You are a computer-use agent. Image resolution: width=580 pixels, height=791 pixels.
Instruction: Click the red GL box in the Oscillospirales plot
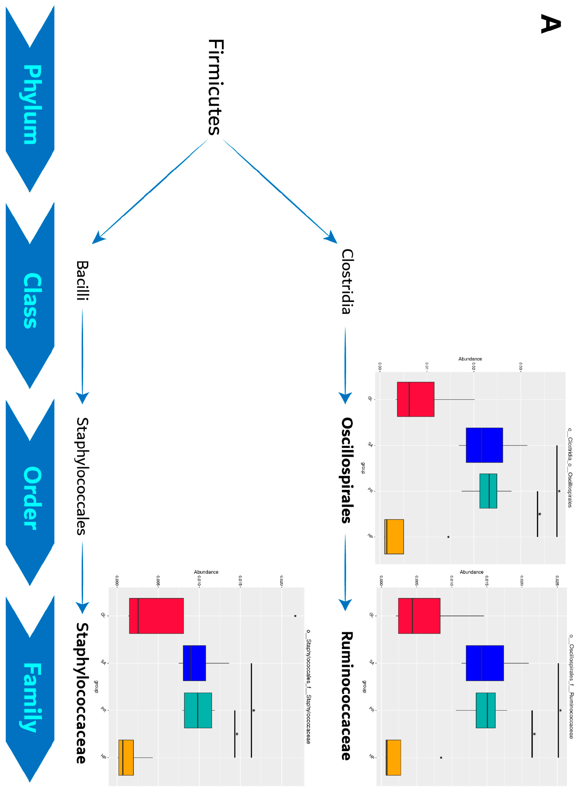tap(415, 399)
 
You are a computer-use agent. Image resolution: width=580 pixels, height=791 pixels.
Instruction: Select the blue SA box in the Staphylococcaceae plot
tap(194, 663)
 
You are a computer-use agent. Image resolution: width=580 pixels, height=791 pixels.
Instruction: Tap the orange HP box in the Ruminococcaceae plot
tap(393, 757)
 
